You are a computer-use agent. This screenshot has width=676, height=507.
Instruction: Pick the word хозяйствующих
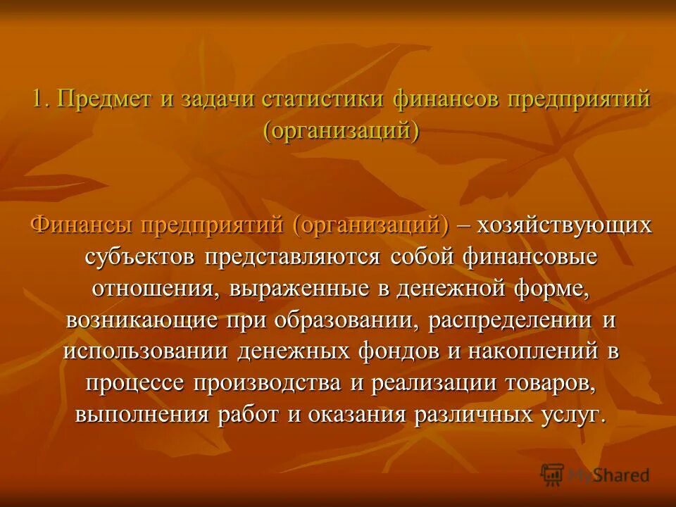click(x=564, y=225)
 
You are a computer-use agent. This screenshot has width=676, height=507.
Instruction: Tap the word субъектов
click(x=140, y=257)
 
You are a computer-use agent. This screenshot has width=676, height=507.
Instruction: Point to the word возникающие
click(x=141, y=320)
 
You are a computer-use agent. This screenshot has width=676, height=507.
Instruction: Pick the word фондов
click(x=393, y=351)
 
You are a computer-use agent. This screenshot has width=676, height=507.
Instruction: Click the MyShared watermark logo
click(x=595, y=474)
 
